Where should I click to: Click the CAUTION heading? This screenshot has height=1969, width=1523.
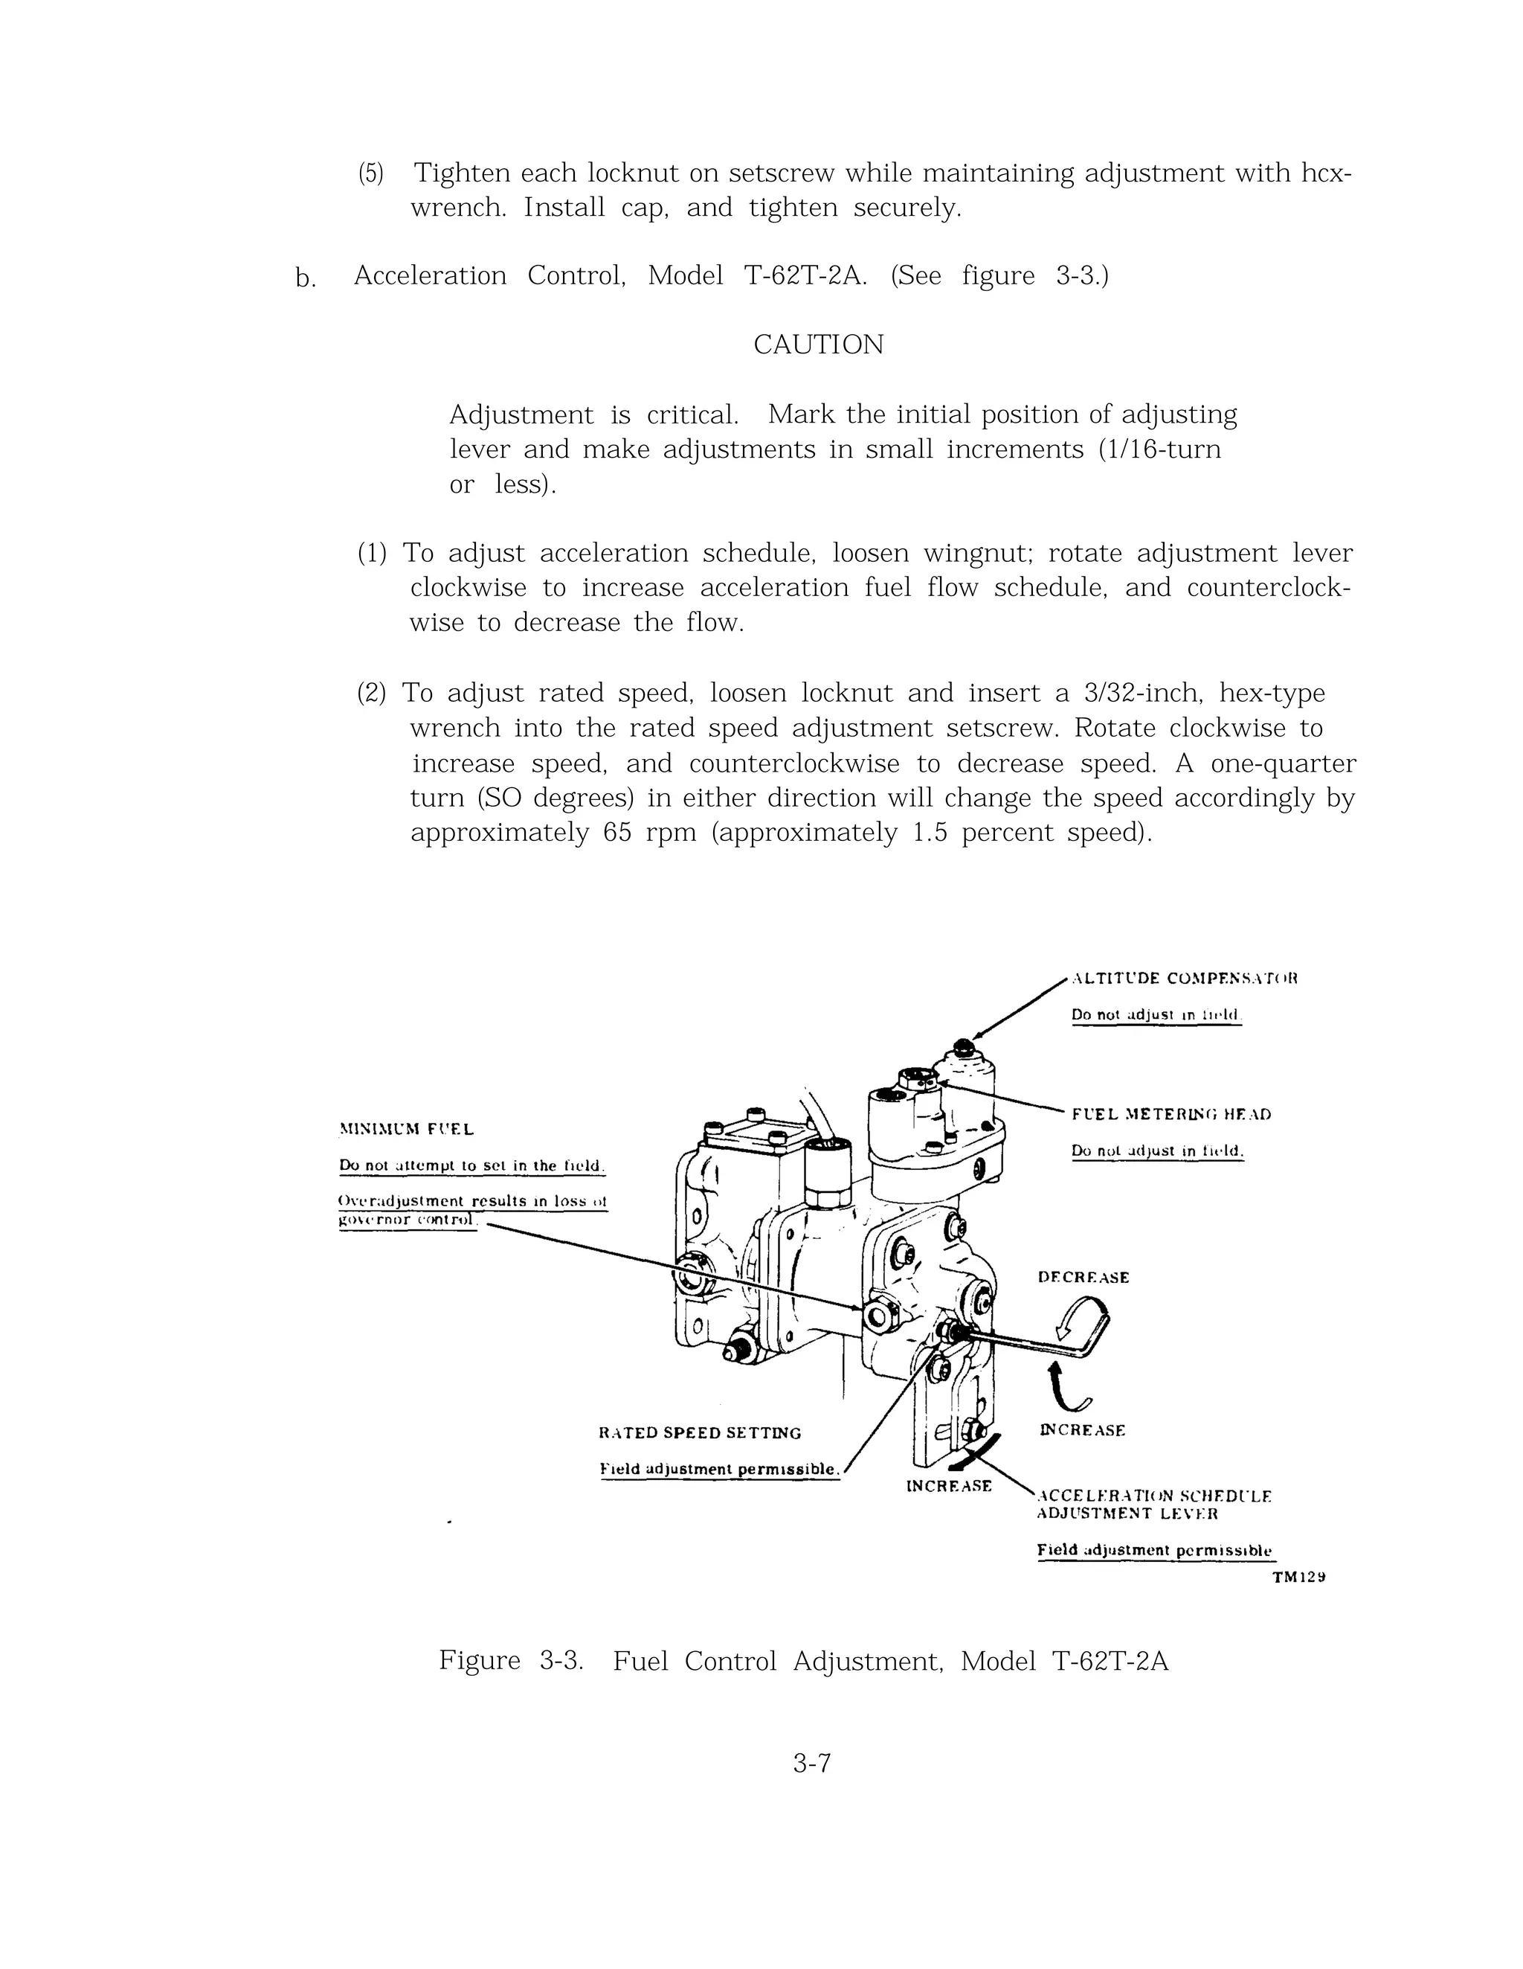[817, 345]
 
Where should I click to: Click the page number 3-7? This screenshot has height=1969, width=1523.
[811, 1787]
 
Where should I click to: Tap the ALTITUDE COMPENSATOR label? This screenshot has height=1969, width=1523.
[1183, 979]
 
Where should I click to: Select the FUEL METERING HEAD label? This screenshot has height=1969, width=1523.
[1171, 1114]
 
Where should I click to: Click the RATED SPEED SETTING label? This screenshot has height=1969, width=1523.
[699, 1432]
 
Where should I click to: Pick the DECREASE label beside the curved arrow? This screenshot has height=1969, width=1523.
[1084, 1278]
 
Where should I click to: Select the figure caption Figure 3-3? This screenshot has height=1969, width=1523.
[510, 1661]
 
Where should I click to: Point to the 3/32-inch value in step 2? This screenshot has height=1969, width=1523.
[1141, 694]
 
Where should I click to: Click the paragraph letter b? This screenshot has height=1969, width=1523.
[305, 278]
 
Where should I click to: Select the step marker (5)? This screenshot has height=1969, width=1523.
[370, 173]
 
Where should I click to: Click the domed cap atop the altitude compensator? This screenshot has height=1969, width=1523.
[963, 1048]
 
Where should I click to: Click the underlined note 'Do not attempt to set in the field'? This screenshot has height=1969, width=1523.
[471, 1166]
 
